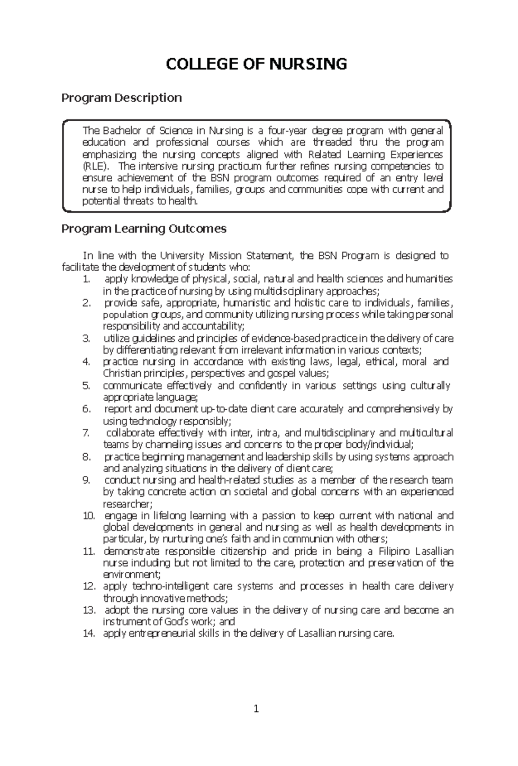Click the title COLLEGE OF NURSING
pyautogui.click(x=256, y=64)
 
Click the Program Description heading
pyautogui.click(x=121, y=98)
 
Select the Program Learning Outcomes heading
pyautogui.click(x=144, y=229)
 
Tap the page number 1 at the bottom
pyautogui.click(x=256, y=709)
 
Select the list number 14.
pyautogui.click(x=88, y=634)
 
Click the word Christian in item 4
pyautogui.click(x=119, y=373)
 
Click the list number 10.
pyautogui.click(x=88, y=516)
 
